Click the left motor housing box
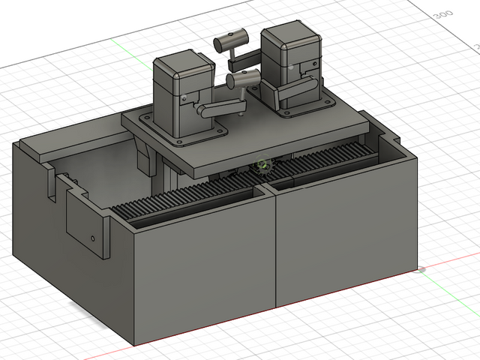180,90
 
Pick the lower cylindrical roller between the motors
244,77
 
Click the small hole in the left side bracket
93,238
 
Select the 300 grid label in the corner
443,14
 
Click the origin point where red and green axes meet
421,269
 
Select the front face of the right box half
345,232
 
